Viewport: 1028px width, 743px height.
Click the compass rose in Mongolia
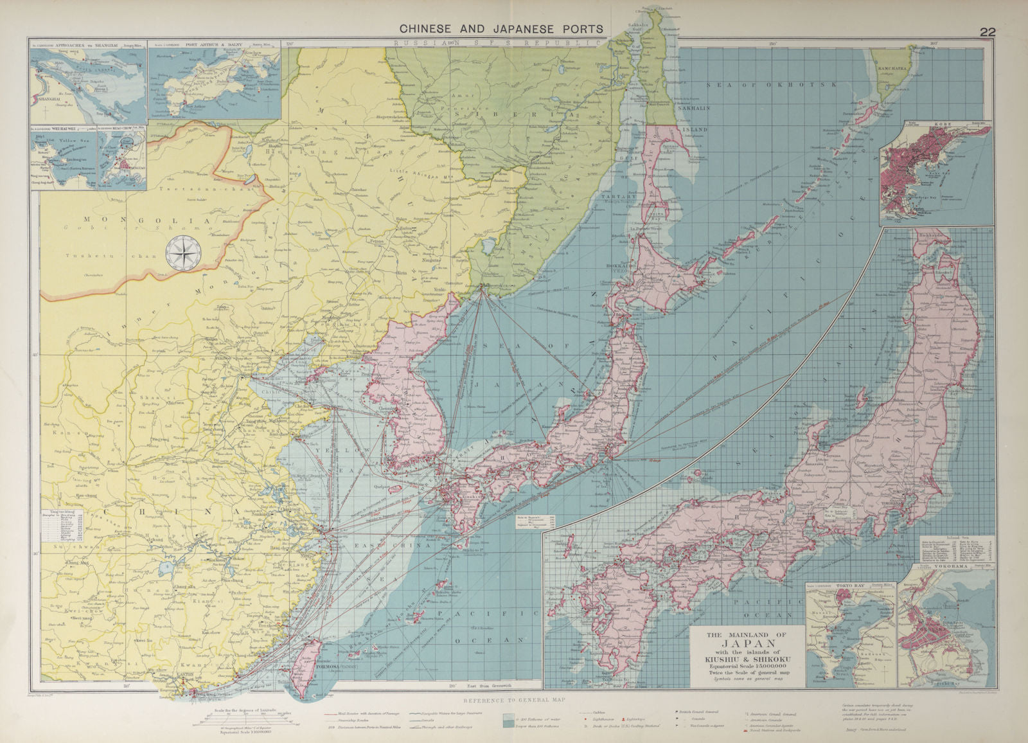click(182, 253)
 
